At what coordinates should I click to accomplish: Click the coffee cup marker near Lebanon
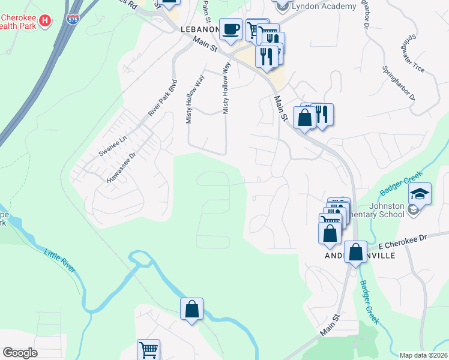[x=231, y=29]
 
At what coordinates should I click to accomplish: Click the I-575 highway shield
[x=73, y=19]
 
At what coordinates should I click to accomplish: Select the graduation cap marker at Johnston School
[x=420, y=193]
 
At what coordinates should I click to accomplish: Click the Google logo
[x=20, y=353]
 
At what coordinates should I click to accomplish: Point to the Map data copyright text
[x=424, y=355]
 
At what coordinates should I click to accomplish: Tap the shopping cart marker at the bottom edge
[x=148, y=349]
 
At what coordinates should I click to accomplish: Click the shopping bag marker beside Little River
[x=192, y=310]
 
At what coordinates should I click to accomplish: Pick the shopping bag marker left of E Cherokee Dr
[x=330, y=232]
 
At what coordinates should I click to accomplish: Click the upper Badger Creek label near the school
[x=397, y=185]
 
